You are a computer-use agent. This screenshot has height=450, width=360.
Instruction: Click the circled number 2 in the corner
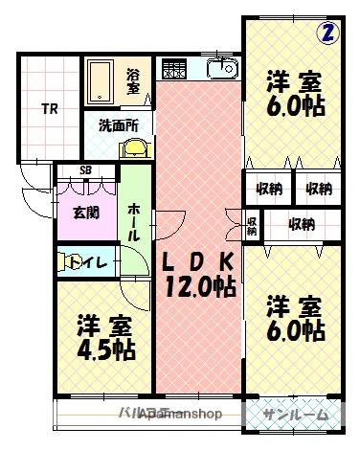pos(328,33)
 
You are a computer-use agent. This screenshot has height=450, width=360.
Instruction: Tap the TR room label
pos(48,109)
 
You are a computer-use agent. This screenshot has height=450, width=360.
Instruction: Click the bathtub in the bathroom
pos(101,81)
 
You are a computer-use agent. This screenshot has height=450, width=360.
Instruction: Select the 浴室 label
pos(133,81)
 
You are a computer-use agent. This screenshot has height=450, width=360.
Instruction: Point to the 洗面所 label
pos(119,124)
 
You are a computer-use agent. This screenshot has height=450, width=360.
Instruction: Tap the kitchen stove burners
pos(173,70)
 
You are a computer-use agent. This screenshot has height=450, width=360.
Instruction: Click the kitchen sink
pos(222,70)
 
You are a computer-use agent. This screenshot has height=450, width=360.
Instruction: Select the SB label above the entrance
pos(85,171)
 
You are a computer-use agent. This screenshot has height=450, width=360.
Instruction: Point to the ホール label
pos(135,221)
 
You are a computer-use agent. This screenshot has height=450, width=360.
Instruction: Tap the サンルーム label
pos(294,414)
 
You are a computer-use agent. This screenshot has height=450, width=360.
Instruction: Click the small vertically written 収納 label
pos(252,226)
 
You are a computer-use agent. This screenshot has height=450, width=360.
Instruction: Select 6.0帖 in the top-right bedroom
pos(295,104)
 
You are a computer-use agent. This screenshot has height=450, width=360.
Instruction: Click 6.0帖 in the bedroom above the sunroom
pos(295,330)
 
